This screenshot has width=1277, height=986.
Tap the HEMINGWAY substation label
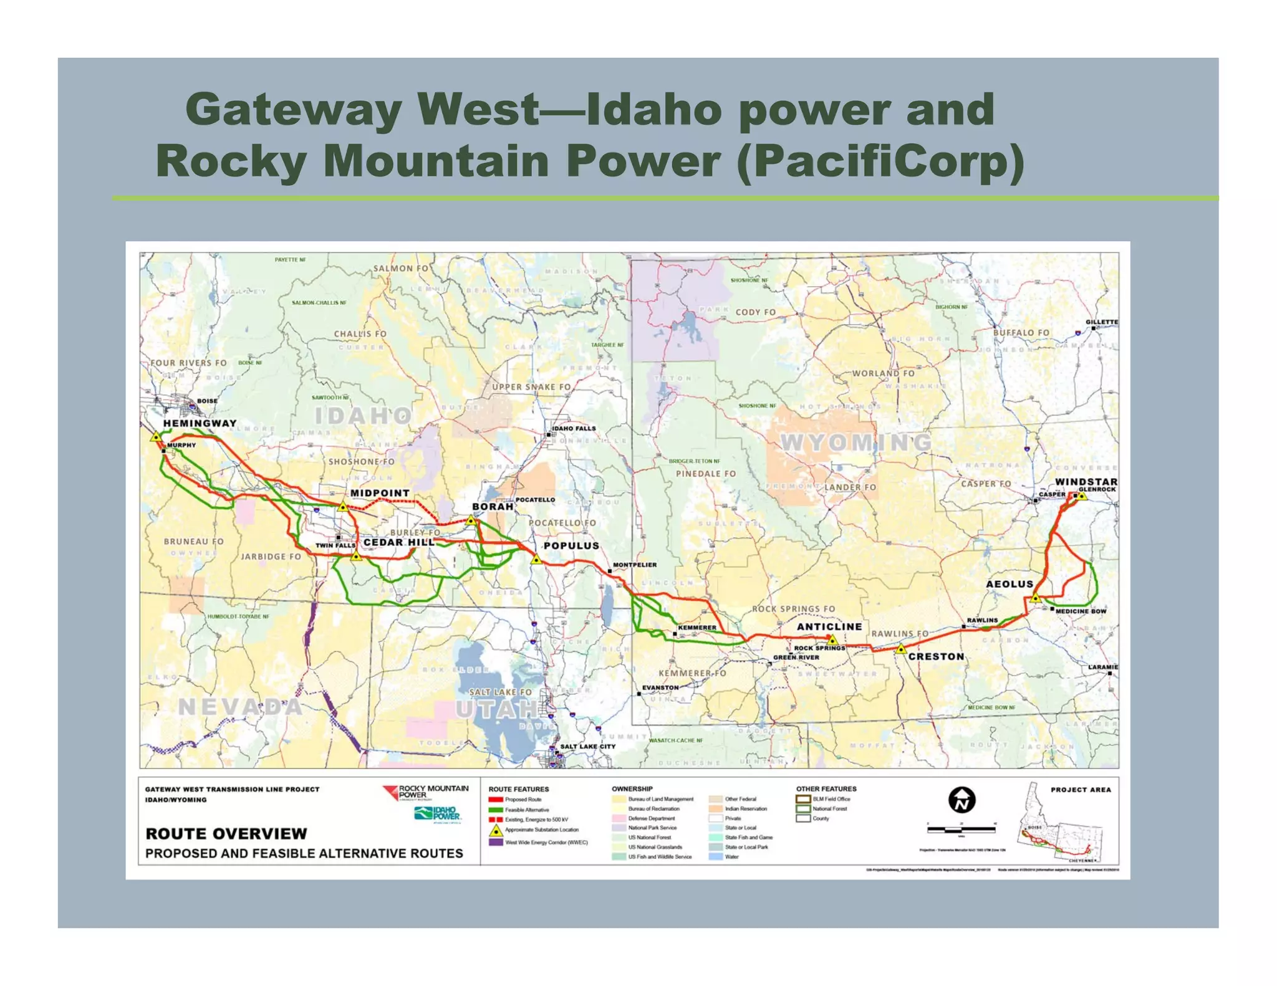coord(200,423)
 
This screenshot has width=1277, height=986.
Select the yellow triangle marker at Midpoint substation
coord(342,507)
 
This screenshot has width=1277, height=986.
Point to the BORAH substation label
coord(493,507)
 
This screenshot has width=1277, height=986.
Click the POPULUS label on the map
coord(571,545)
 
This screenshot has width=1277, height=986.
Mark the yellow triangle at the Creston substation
coord(901,649)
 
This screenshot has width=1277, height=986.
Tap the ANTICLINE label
coord(829,626)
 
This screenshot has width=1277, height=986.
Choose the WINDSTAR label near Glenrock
coord(1086,482)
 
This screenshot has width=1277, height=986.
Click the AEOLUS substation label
coord(1010,584)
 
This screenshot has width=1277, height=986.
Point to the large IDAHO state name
coord(363,416)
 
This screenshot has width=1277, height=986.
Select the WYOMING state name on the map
coord(856,443)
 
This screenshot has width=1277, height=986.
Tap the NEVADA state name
coord(240,707)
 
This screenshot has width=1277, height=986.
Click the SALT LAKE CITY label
coord(587,746)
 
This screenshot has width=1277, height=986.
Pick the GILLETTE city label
coord(1102,322)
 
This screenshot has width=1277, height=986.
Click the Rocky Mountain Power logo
coord(426,792)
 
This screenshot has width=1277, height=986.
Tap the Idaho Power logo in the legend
coord(438,814)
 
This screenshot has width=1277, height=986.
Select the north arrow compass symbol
coord(961,800)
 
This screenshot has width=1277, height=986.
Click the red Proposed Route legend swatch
coord(496,800)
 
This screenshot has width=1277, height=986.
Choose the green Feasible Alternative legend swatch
coord(496,810)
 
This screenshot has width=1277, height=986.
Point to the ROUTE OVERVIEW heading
coord(226,834)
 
